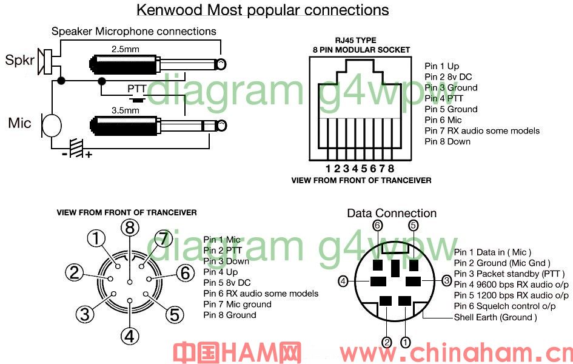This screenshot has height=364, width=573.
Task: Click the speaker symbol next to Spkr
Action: tap(45, 62)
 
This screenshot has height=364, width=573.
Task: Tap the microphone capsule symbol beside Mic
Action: tap(51, 124)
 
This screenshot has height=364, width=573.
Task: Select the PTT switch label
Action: tap(136, 89)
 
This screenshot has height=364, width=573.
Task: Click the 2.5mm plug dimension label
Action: tap(125, 49)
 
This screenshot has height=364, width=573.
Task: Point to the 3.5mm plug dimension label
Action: tap(125, 110)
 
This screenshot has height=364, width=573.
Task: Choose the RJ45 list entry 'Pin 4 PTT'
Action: tap(444, 99)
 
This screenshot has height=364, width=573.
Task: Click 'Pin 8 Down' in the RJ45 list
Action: tap(447, 142)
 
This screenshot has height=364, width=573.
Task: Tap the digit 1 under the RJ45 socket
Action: tap(328, 169)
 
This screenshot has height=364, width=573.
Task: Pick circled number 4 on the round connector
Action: tap(130, 336)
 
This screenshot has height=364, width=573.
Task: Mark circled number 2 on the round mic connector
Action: tap(74, 272)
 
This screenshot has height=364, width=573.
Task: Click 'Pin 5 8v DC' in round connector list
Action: tap(227, 283)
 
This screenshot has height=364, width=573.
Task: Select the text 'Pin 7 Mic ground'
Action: tap(237, 305)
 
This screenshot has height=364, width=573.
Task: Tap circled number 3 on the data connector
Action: tap(447, 281)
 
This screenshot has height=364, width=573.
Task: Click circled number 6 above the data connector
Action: tap(378, 225)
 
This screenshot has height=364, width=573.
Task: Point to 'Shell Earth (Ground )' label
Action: tap(495, 317)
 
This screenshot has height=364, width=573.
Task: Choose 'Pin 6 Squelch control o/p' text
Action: tap(504, 306)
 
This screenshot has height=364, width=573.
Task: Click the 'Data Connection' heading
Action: tap(392, 213)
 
